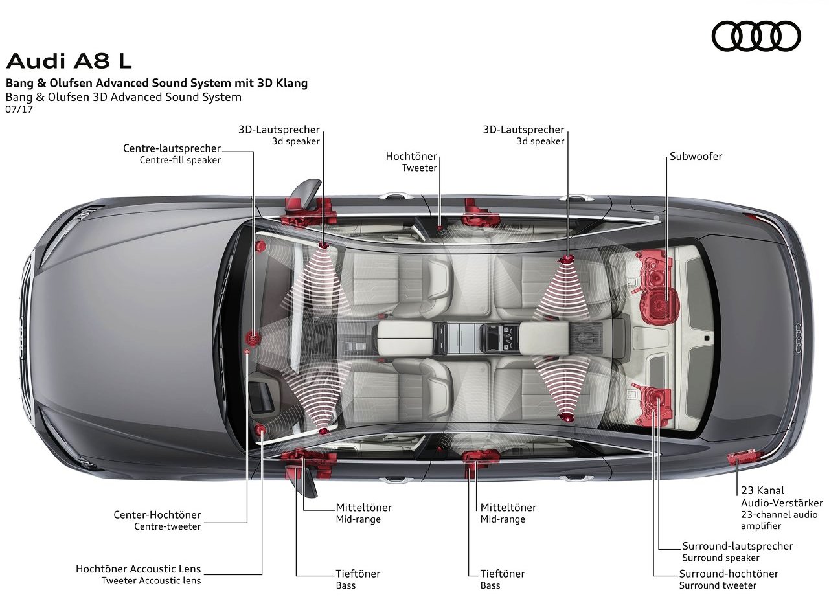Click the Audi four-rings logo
pyautogui.click(x=756, y=36)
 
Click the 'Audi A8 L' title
pyautogui.click(x=69, y=61)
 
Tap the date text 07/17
pyautogui.click(x=19, y=109)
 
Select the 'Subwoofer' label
pyautogui.click(x=696, y=157)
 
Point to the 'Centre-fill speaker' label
pyautogui.click(x=180, y=160)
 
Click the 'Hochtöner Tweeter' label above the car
pyautogui.click(x=411, y=162)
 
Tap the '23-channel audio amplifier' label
pyautogui.click(x=779, y=520)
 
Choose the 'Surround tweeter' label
pyautogui.click(x=718, y=585)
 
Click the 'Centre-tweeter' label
pyautogui.click(x=167, y=526)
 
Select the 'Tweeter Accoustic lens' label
pyautogui.click(x=151, y=580)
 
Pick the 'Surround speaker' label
pyautogui.click(x=721, y=558)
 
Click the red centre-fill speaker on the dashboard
pyautogui.click(x=253, y=338)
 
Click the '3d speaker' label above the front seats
pyautogui.click(x=295, y=141)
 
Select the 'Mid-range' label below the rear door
pyautogui.click(x=503, y=519)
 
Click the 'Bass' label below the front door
pyautogui.click(x=346, y=585)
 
